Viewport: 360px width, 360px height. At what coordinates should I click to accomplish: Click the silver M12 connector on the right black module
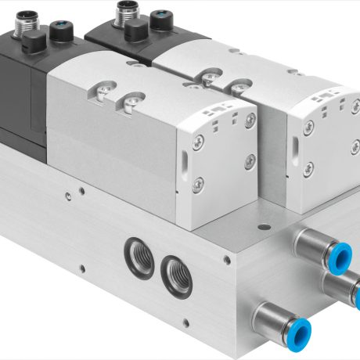tap(126, 11)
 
